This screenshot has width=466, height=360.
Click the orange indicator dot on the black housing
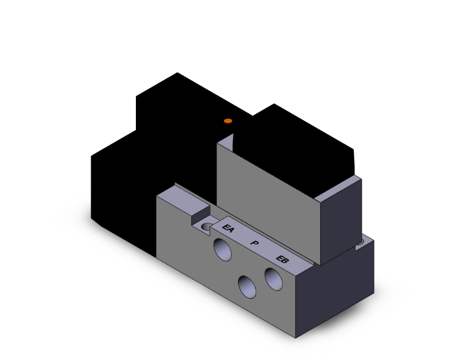228,120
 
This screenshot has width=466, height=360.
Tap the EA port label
229,230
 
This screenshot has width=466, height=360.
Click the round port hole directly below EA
222,250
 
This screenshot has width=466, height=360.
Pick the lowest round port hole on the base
247,287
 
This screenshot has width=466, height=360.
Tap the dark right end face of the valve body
341,219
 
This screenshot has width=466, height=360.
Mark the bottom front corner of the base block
296,337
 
